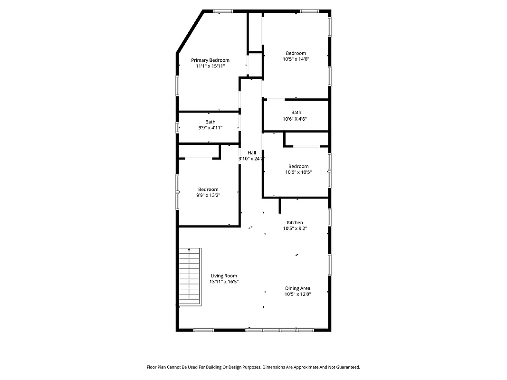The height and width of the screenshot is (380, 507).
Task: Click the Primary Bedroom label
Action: click(x=210, y=60)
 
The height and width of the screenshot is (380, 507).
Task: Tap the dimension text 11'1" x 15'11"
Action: click(x=210, y=66)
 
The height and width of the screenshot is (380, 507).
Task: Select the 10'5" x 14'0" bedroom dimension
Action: click(x=296, y=59)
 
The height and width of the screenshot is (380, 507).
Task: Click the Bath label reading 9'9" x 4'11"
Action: click(x=210, y=127)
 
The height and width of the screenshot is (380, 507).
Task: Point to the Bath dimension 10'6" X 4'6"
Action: click(x=296, y=119)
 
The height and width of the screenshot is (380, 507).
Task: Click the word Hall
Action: click(x=251, y=152)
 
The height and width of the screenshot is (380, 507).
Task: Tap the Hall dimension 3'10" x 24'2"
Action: click(x=251, y=159)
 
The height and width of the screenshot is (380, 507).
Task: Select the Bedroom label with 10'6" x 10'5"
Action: click(x=298, y=166)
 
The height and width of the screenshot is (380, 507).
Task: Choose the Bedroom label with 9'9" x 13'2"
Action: click(x=208, y=190)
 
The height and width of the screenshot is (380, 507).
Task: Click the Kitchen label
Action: click(x=295, y=223)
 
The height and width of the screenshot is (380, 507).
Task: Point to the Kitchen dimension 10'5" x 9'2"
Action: click(x=295, y=228)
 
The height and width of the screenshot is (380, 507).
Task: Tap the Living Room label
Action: click(x=224, y=276)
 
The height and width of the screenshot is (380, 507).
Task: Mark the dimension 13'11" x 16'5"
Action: click(x=224, y=282)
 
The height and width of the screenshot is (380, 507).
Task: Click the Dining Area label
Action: click(x=297, y=288)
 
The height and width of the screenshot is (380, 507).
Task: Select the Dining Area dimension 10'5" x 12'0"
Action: click(x=297, y=294)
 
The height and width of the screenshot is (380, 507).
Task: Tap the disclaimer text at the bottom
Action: click(x=253, y=367)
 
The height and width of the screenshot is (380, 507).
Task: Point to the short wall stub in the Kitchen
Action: click(x=280, y=206)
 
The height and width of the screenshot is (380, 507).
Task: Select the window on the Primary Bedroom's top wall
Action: click(x=222, y=11)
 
